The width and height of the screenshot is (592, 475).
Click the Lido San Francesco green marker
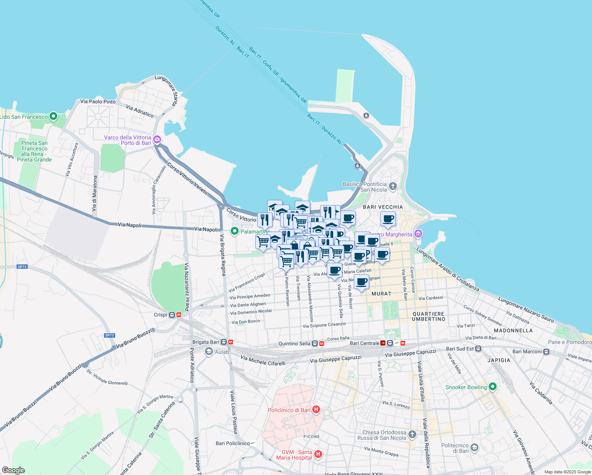tap(53, 117)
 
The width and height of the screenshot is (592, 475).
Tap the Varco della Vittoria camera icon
tap(157, 139)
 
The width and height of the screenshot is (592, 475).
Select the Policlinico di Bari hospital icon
tap(316, 410)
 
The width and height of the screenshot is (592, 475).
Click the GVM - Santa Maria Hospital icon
tap(318, 454)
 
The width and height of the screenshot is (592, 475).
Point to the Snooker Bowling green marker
tap(492, 387)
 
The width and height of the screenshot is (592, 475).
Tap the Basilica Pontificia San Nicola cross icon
tap(393, 186)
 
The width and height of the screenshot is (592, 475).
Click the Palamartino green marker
tap(235, 231)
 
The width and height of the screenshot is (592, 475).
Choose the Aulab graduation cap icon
tap(209, 351)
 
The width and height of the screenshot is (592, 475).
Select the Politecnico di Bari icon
tap(474, 448)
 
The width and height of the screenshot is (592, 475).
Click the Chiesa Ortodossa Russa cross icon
tap(412, 435)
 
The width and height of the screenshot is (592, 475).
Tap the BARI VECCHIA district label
tap(383, 207)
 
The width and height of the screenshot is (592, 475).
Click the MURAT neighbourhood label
tap(381, 294)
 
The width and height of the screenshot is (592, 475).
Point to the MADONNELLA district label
tap(513, 330)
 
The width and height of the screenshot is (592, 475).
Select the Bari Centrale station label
tap(364, 343)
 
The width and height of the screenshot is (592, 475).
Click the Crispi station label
tap(161, 315)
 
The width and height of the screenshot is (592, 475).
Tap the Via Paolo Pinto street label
tap(98, 102)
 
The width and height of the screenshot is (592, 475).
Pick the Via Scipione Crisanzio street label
tap(324, 325)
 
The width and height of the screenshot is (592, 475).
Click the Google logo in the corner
tap(13, 470)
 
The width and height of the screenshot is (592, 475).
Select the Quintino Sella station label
tap(294, 344)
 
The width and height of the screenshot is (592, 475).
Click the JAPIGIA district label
tap(499, 360)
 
